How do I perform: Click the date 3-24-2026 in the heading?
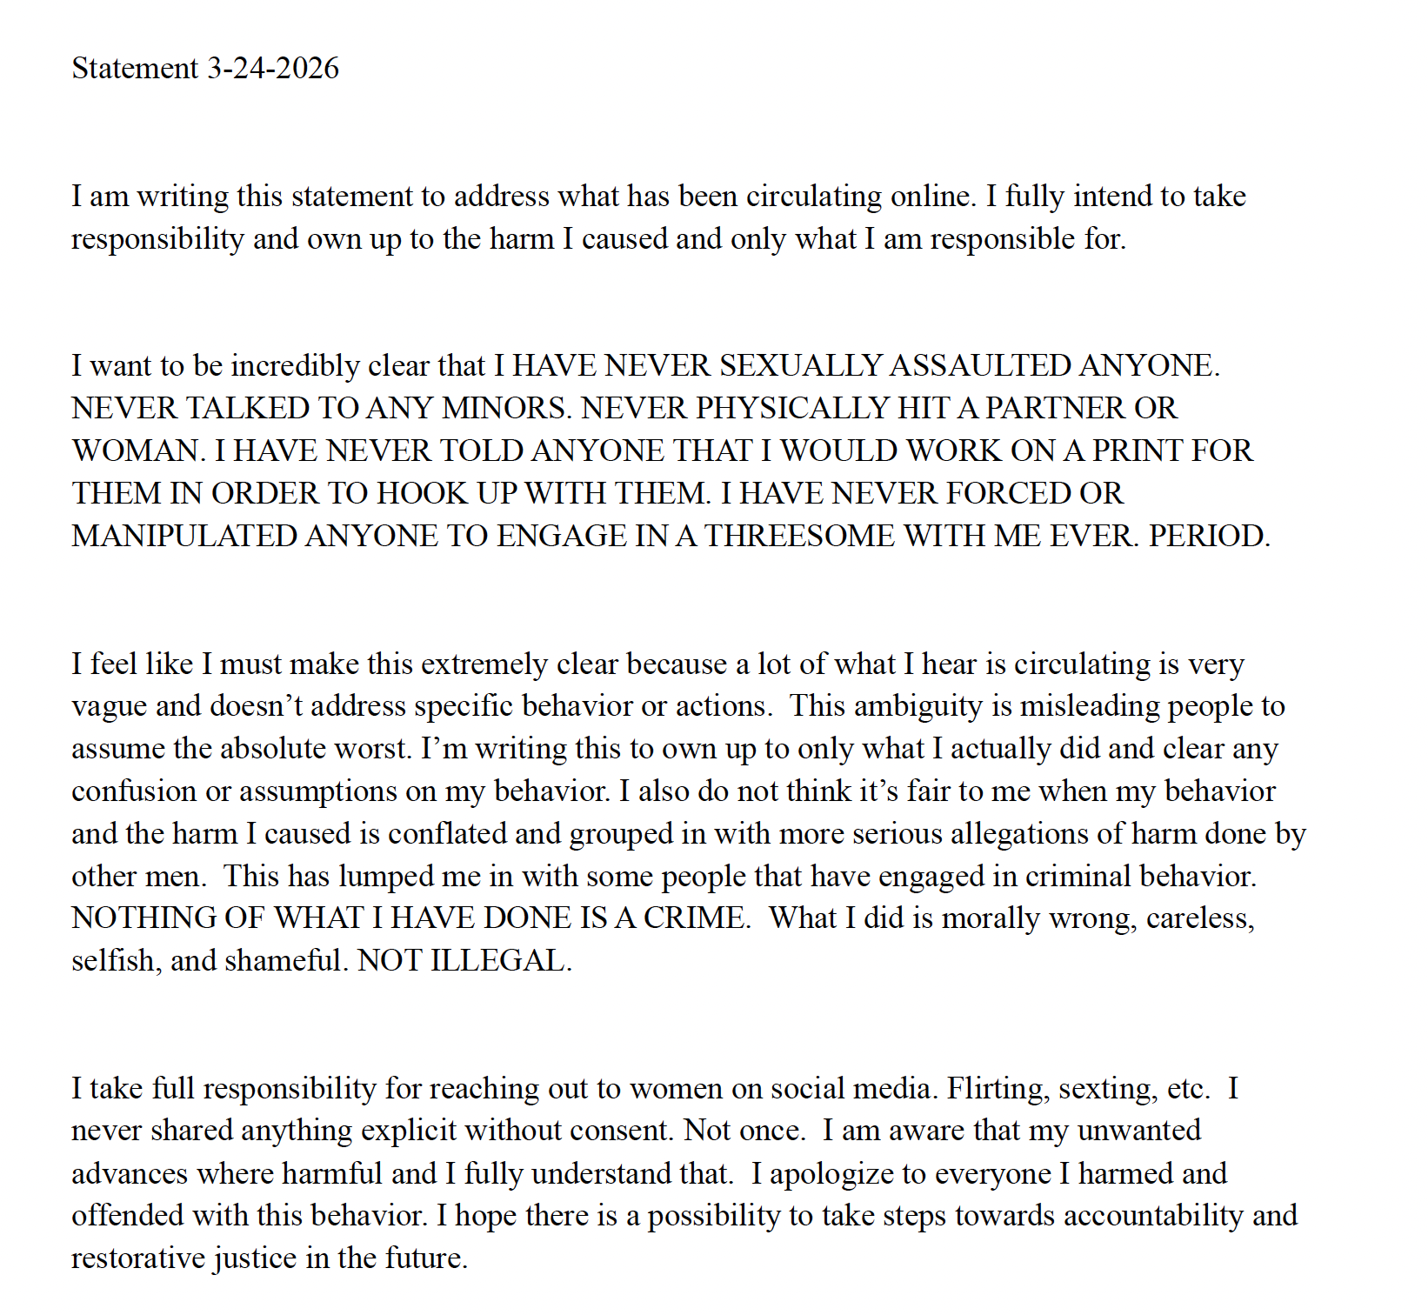point(272,68)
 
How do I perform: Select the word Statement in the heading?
point(135,68)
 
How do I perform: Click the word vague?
point(110,706)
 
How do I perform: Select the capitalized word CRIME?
point(696,918)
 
